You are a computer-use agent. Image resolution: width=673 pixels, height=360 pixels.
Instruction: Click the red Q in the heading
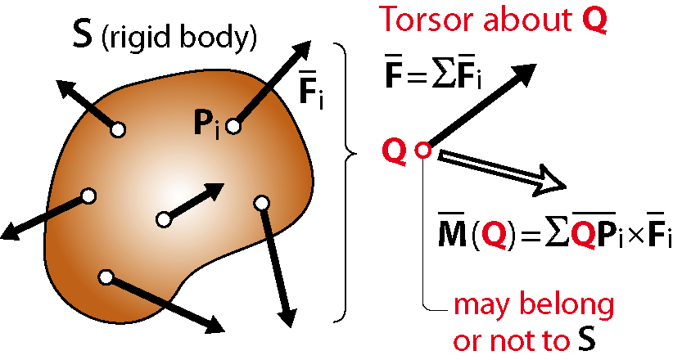tap(595, 20)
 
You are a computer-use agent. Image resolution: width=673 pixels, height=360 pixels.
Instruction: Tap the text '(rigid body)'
tap(179, 38)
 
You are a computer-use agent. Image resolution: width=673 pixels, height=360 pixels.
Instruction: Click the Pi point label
tap(207, 125)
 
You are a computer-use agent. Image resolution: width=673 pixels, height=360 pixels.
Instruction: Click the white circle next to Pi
tap(233, 126)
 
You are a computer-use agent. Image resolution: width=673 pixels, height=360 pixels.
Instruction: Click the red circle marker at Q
tap(422, 151)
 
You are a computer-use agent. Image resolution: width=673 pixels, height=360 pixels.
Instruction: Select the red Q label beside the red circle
tap(395, 151)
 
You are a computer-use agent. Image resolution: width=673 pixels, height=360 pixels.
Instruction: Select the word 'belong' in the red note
tap(567, 304)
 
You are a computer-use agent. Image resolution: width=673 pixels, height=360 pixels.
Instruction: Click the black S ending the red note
tap(587, 340)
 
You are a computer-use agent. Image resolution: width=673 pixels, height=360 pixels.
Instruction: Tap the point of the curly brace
tap(355, 152)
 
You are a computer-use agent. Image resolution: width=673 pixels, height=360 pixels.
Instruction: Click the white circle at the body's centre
tap(164, 220)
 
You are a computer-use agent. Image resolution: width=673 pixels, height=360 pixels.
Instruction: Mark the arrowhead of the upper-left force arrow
tap(66, 88)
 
